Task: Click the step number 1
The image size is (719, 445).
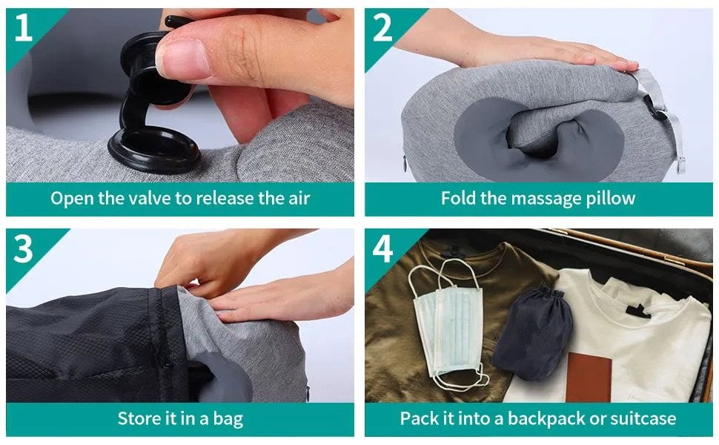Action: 23,27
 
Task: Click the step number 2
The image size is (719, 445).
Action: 383,27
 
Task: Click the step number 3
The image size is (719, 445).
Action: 24,250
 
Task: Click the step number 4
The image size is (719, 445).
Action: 383,250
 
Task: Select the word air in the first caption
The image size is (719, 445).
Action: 295,198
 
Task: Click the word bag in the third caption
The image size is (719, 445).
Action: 227,419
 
